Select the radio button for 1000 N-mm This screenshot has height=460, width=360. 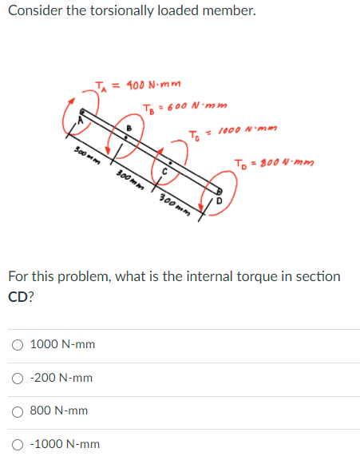pyautogui.click(x=18, y=344)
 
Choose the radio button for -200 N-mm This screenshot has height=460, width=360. pyautogui.click(x=18, y=378)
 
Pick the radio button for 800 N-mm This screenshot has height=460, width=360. pyautogui.click(x=18, y=410)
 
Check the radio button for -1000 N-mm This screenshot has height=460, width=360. pyautogui.click(x=18, y=444)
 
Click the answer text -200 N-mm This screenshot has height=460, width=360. pyautogui.click(x=61, y=378)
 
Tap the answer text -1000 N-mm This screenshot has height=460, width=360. pyautogui.click(x=65, y=444)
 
